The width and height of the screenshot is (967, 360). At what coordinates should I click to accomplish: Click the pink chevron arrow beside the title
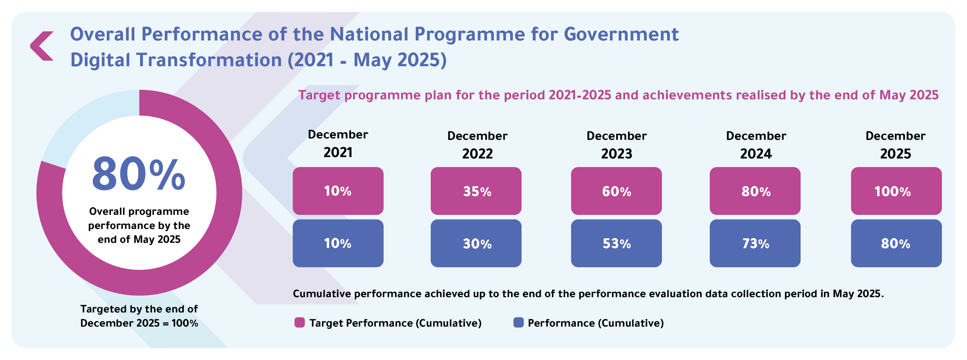pos(41,46)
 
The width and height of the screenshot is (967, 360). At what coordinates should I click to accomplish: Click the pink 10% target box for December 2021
pos(338,191)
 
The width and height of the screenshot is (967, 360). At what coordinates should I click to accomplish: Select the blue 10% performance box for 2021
pos(338,243)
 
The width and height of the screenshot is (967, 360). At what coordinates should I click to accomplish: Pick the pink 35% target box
pos(476,191)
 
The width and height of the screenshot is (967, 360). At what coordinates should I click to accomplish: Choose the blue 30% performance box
pos(476,243)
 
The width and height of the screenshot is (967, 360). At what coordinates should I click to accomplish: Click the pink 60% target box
pos(616,191)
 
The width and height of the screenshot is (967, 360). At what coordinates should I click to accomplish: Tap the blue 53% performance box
pos(616,243)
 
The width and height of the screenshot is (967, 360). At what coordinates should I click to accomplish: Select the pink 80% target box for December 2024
pos(755,191)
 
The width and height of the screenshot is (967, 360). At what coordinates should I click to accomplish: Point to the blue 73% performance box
pos(755,243)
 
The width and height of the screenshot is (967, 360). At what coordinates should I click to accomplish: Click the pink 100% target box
pos(896,191)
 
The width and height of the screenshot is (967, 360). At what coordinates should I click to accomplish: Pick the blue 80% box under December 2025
pos(896,243)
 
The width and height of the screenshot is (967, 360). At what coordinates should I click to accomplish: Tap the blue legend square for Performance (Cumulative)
pos(518,322)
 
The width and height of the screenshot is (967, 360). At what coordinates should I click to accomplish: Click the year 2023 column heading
pos(616,153)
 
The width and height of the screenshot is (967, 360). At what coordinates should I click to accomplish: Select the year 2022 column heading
pos(477,153)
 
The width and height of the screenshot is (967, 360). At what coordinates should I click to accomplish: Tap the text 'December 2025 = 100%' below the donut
pos(139,323)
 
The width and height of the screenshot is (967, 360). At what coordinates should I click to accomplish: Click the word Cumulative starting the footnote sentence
pos(322,293)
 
